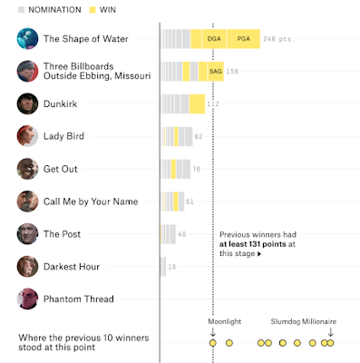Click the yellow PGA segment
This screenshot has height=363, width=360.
coord(244,39)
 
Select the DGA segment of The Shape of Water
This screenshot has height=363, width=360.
coord(214,39)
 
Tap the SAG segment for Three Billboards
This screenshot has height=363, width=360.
coord(216,72)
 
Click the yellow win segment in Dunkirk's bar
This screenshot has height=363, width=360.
coord(198,103)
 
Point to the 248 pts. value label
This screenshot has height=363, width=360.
coord(278,39)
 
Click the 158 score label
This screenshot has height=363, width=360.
coord(232,72)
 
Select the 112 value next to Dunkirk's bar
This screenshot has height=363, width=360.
coord(213,104)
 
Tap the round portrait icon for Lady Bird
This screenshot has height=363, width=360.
coord(27,136)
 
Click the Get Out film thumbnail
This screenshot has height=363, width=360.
coord(27,169)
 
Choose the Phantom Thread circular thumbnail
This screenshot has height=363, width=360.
coord(27,299)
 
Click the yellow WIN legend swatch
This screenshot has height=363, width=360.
coord(92,10)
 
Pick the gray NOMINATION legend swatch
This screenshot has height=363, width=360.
coord(21,10)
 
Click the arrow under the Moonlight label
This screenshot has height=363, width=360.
coord(213,332)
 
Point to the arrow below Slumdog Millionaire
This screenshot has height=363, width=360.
coord(331,332)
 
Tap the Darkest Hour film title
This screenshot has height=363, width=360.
coord(72,267)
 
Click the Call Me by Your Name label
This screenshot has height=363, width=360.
coord(91,201)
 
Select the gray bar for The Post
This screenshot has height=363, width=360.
coord(169,234)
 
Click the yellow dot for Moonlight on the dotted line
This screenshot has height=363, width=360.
coord(213,343)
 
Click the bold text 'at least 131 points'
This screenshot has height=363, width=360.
coord(253,244)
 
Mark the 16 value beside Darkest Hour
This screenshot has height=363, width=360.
coord(172,267)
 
